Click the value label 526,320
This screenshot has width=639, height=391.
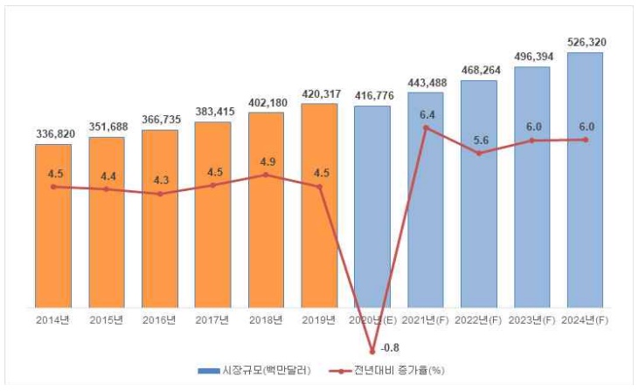585,42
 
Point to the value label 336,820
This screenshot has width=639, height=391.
53,134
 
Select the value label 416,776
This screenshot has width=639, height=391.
372,95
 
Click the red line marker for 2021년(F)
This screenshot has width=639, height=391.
426,128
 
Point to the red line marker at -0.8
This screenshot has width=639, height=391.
373,350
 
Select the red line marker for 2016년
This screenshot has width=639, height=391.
160,194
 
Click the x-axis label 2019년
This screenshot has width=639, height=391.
319,319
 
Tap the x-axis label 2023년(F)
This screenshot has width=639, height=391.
531,319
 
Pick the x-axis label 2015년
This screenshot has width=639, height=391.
107,319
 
